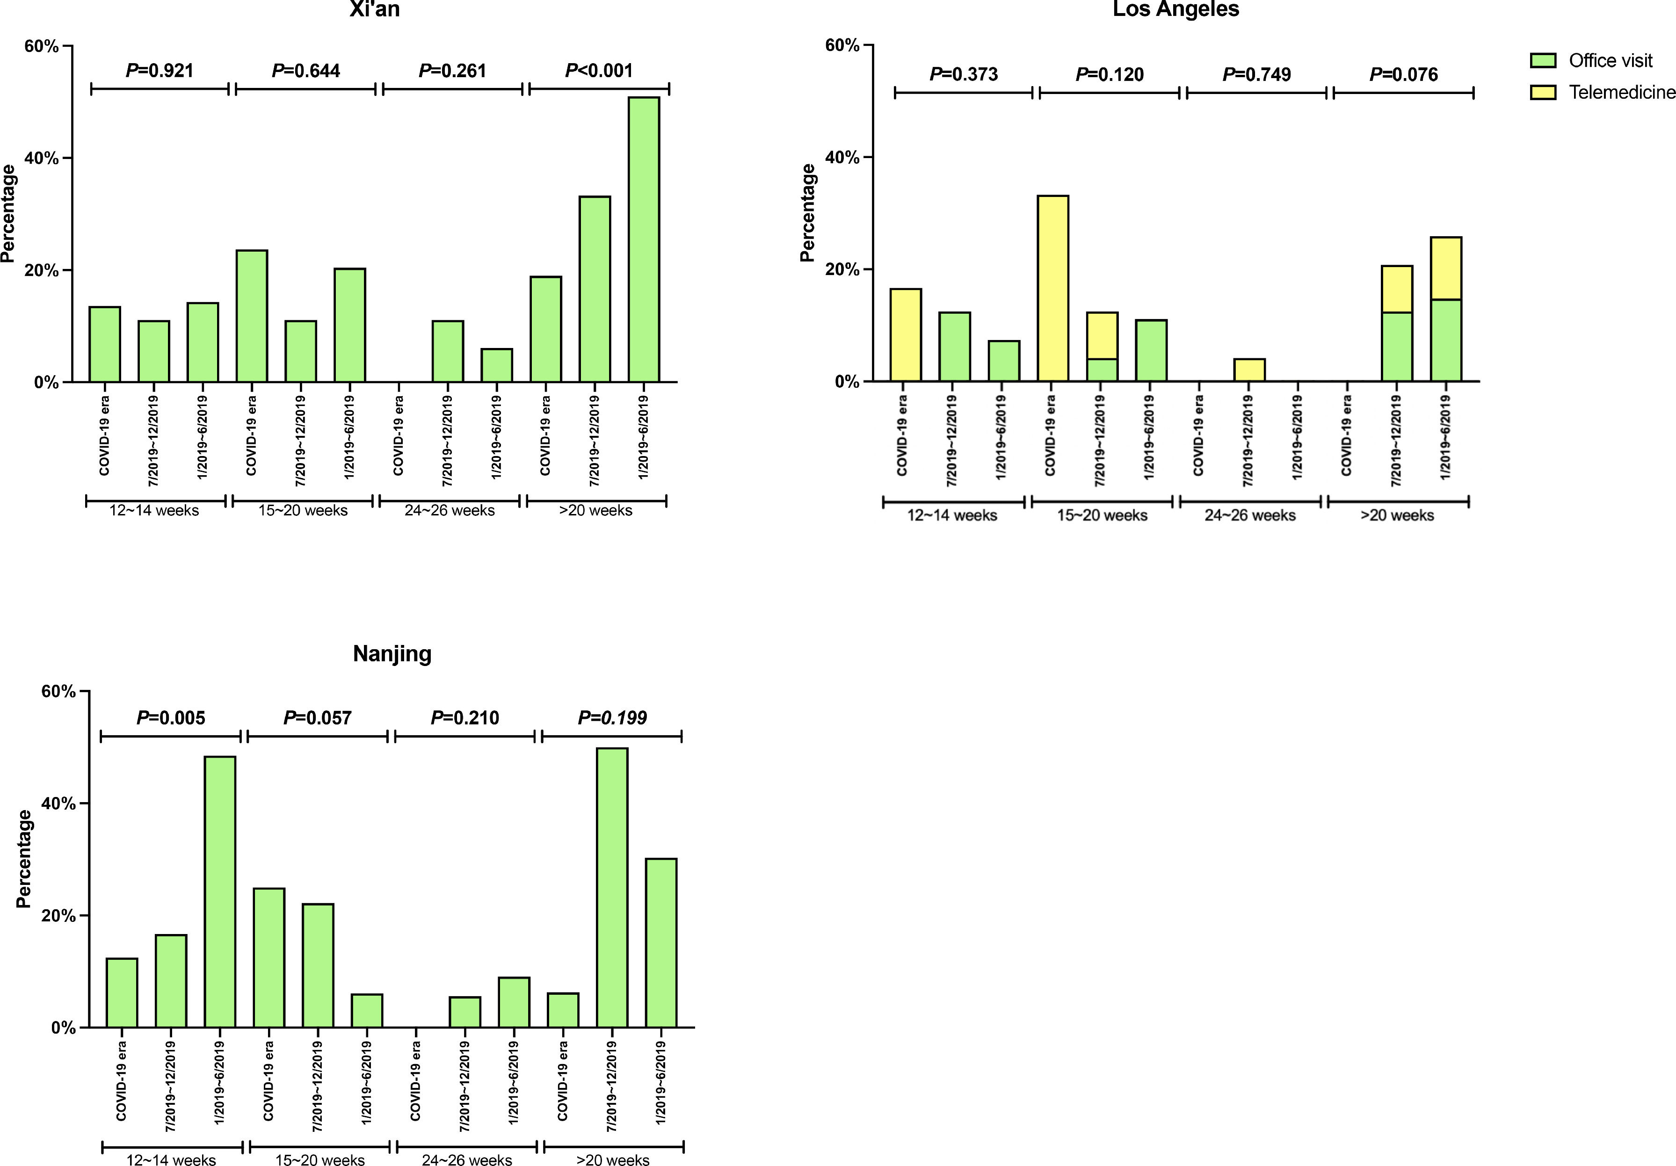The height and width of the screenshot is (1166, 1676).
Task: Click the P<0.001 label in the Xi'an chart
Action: (599, 71)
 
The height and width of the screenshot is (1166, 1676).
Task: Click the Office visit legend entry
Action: (1610, 60)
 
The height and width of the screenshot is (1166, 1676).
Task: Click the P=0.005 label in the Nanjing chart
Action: (171, 718)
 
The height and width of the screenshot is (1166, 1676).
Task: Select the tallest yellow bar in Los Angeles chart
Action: (1052, 288)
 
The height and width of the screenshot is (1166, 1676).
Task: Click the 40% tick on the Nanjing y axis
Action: (60, 804)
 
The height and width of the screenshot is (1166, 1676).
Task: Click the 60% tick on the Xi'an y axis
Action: (43, 46)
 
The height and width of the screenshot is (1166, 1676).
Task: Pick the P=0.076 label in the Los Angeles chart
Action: (1403, 74)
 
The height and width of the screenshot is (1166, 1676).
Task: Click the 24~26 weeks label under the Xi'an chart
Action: (449, 511)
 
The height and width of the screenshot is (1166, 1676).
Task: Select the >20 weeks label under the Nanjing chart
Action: (612, 1159)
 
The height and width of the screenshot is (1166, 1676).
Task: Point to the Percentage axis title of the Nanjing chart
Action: (24, 858)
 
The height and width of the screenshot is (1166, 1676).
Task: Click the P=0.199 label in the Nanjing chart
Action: (612, 718)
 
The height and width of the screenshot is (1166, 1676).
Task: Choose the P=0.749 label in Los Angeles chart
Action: (1256, 74)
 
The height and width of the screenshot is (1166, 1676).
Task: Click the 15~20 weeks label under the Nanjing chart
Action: (320, 1159)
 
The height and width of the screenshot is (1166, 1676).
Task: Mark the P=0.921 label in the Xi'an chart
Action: (160, 71)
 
